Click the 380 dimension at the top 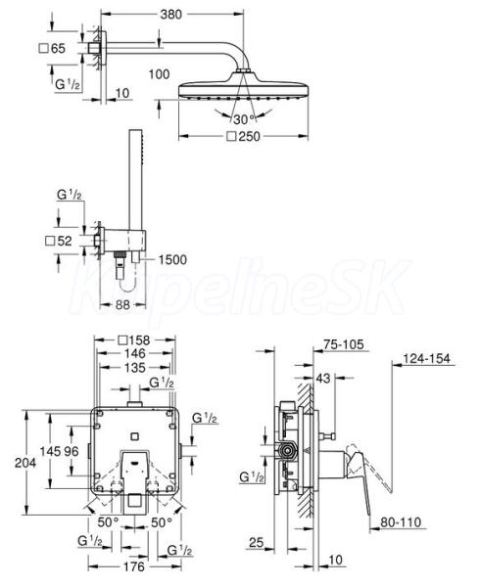pyautogui.click(x=170, y=15)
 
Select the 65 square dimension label pyautogui.click(x=52, y=48)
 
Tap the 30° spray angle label pyautogui.click(x=244, y=119)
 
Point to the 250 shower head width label pyautogui.click(x=244, y=137)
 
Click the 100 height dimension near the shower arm pyautogui.click(x=160, y=74)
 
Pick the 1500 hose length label pyautogui.click(x=172, y=260)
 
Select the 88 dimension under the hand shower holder pyautogui.click(x=122, y=304)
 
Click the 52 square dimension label pyautogui.click(x=59, y=241)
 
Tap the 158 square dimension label pyautogui.click(x=134, y=340)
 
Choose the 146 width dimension pyautogui.click(x=135, y=353)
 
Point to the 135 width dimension pyautogui.click(x=135, y=368)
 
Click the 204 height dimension pyautogui.click(x=25, y=463)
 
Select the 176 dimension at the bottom pyautogui.click(x=134, y=566)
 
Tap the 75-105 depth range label pyautogui.click(x=344, y=344)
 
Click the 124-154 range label pyautogui.click(x=426, y=359)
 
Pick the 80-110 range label pyautogui.click(x=401, y=522)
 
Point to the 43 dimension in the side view pyautogui.click(x=323, y=378)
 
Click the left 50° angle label pyautogui.click(x=109, y=522)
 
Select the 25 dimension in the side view pyautogui.click(x=257, y=542)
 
